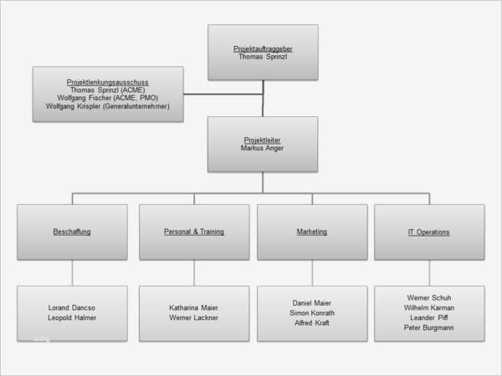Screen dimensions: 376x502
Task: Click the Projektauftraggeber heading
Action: (263, 49)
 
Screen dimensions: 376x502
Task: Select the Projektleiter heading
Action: (263, 140)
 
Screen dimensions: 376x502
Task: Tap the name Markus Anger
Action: (263, 148)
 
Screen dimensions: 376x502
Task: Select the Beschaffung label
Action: (72, 231)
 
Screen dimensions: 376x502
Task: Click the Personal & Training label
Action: (194, 231)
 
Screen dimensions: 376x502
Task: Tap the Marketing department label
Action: (312, 231)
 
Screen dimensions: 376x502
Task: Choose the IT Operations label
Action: (429, 231)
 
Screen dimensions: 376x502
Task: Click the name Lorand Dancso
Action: (72, 307)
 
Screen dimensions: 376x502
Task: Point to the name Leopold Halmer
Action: (72, 318)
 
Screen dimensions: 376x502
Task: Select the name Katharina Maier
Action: (194, 307)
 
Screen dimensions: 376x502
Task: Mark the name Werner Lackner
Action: (194, 318)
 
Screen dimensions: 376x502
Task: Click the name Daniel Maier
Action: (312, 302)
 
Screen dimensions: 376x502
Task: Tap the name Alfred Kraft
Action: (312, 323)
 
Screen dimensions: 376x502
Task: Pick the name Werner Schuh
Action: (429, 297)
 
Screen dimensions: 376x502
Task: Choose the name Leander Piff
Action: (429, 318)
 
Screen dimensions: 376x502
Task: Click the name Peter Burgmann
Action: (429, 328)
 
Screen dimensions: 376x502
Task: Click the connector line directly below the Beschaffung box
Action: (72, 272)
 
